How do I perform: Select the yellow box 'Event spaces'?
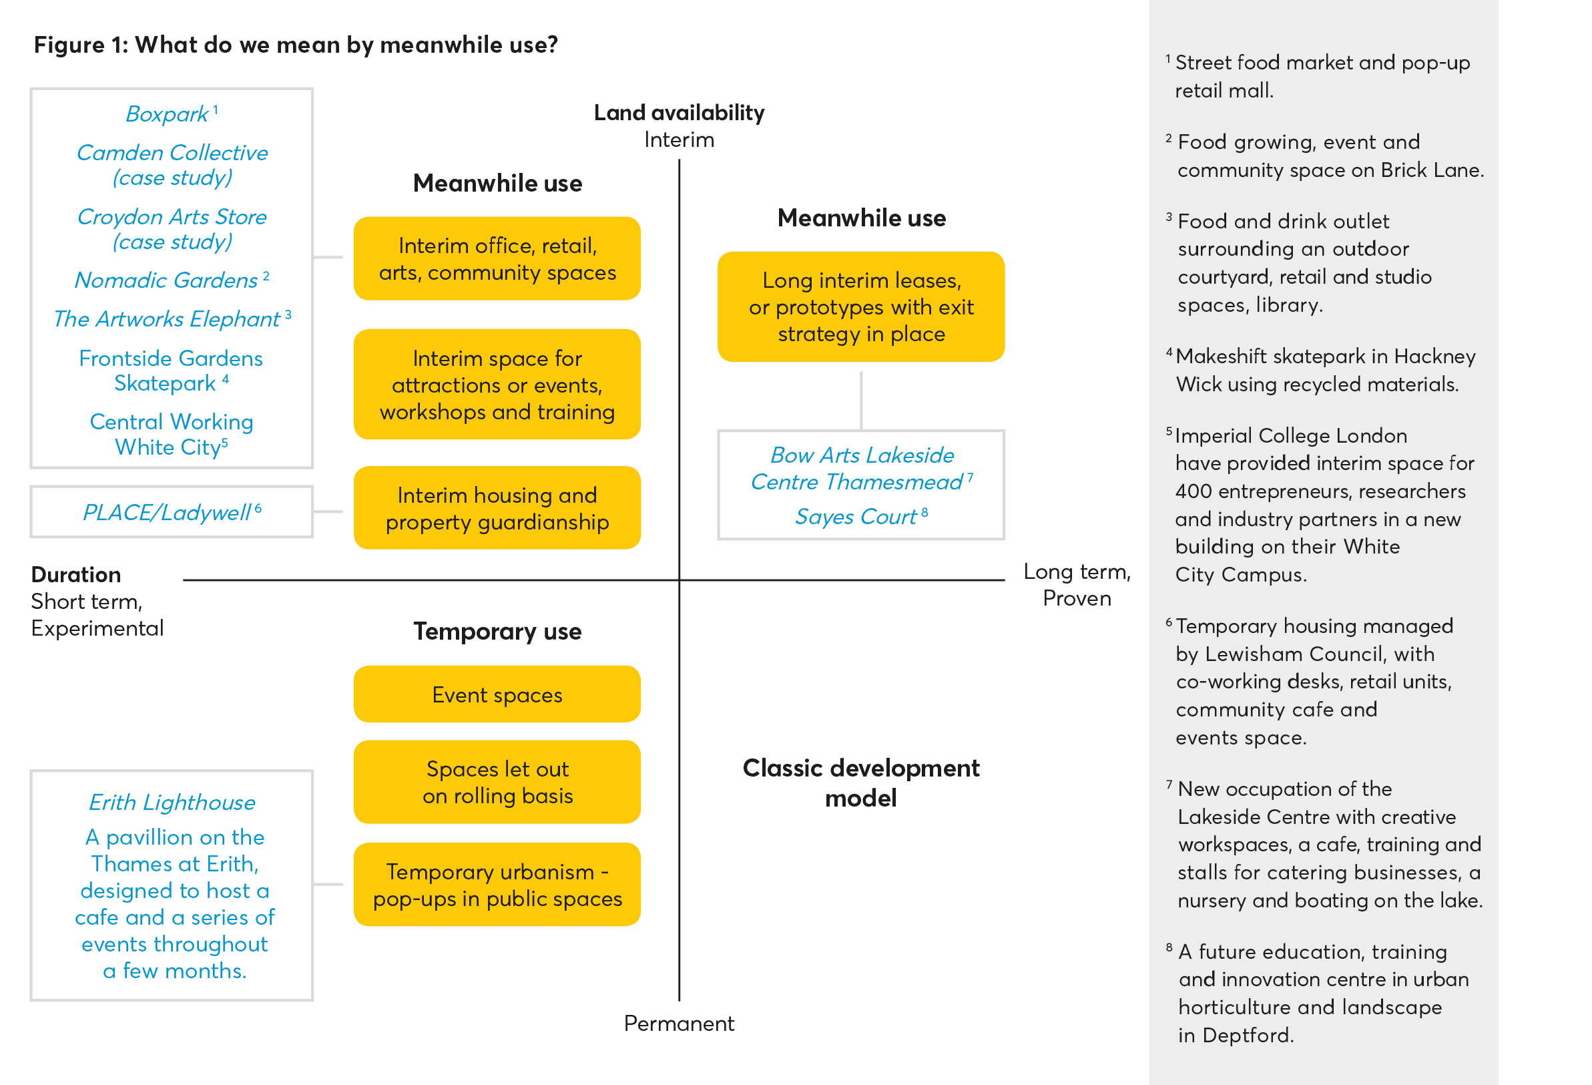point(497,694)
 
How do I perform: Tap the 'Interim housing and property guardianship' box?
point(497,508)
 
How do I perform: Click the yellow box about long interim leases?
point(860,306)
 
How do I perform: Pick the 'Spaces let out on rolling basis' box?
point(497,782)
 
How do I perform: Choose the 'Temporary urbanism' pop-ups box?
point(497,884)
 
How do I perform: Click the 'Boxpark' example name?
point(167,114)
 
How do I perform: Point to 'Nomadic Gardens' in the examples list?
point(166,280)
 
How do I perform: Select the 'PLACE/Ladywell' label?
point(166,512)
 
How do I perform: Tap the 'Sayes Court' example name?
point(856,516)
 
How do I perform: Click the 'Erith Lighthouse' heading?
point(172,802)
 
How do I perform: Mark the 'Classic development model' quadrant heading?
point(860,783)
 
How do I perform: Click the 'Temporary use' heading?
point(497,631)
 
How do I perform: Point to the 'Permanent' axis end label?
point(678,1024)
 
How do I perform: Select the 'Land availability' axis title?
point(678,112)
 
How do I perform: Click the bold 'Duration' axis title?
point(76,574)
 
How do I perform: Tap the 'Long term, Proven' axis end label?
point(1076,585)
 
